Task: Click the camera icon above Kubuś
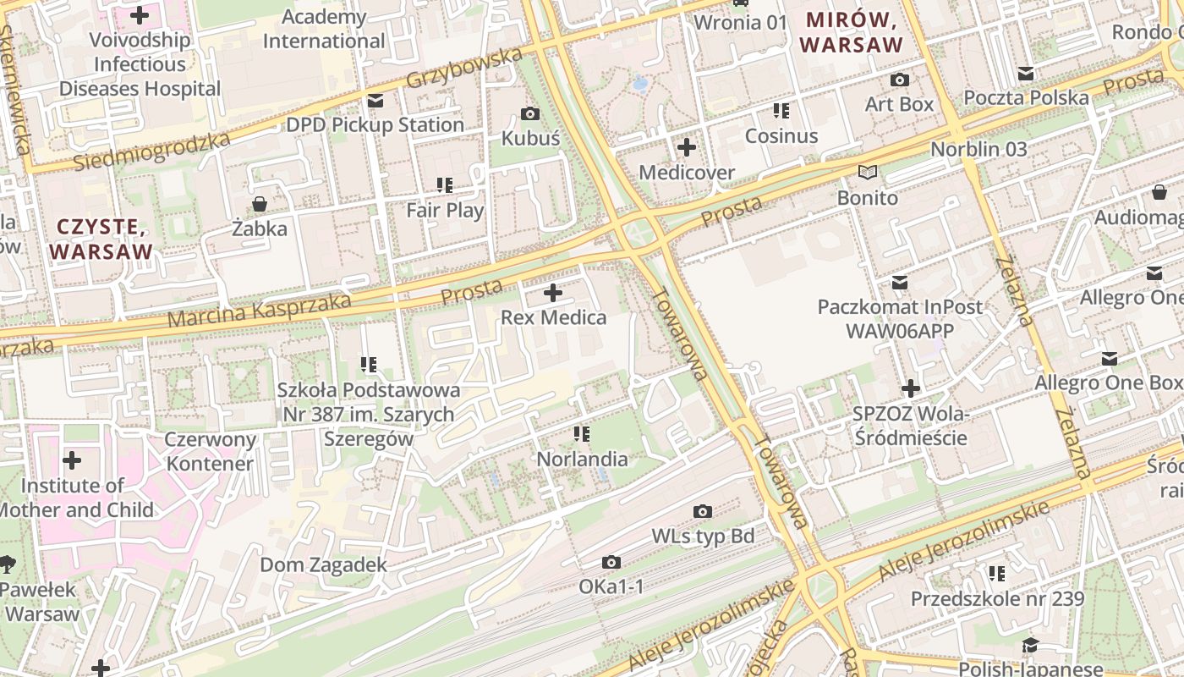[x=530, y=113]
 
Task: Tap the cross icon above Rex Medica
[x=553, y=293]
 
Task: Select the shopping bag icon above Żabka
[x=260, y=204]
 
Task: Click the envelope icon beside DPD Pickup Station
[x=375, y=101]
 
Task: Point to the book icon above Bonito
[x=868, y=173]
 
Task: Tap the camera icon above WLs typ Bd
[x=702, y=511]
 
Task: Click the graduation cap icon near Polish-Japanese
[x=1029, y=646]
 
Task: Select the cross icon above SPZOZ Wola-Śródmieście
[x=911, y=388]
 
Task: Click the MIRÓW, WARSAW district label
[x=852, y=32]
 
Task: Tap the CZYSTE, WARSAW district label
[x=101, y=239]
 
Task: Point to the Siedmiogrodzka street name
[x=151, y=151]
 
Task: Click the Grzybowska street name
[x=464, y=68]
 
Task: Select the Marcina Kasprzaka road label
[x=259, y=311]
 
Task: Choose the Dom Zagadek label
[x=323, y=564]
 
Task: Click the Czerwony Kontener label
[x=210, y=451]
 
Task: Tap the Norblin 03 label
[x=978, y=150]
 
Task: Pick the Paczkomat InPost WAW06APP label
[x=900, y=318]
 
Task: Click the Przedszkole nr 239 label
[x=997, y=598]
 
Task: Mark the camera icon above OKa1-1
[x=611, y=562]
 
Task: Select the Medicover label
[x=687, y=173]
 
